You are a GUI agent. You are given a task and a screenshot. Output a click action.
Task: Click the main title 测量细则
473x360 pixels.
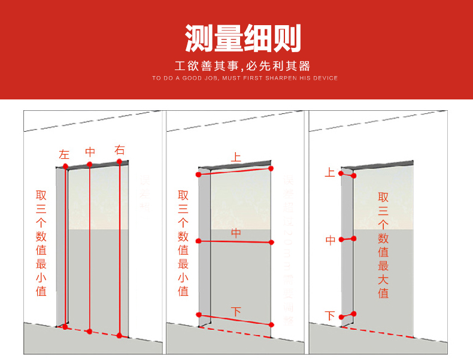242,38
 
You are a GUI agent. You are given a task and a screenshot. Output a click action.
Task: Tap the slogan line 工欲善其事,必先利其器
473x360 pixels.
242,66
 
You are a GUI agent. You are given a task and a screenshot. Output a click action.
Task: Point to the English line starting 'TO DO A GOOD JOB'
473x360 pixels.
244,78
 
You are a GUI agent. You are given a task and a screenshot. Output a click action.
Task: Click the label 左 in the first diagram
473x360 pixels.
65,154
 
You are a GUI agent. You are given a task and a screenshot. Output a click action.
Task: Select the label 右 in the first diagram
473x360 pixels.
120,150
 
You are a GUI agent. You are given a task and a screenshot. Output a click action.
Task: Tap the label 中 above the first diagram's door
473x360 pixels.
90,152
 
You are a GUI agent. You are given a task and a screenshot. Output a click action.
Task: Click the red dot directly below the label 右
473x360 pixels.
120,161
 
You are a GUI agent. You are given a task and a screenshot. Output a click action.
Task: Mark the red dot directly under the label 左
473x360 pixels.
65,166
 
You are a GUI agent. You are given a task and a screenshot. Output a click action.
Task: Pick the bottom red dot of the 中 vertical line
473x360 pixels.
90,331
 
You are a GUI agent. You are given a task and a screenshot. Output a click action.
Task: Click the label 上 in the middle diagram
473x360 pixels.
236,158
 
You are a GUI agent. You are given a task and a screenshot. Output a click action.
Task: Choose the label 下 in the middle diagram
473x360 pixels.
236,311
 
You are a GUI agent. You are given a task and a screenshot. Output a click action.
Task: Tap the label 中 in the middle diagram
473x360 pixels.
236,233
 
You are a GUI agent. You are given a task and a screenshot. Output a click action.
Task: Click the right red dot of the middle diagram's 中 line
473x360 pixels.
271,242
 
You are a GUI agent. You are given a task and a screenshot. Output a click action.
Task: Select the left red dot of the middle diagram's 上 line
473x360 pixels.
199,174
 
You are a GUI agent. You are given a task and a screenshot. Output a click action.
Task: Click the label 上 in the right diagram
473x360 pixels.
330,173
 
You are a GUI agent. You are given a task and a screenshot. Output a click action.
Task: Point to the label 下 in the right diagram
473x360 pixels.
330,315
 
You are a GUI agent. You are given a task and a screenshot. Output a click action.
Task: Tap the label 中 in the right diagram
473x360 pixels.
330,240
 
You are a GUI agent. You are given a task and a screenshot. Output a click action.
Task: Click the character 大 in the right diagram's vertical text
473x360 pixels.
383,279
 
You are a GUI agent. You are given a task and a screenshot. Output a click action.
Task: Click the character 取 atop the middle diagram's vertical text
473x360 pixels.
183,195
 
